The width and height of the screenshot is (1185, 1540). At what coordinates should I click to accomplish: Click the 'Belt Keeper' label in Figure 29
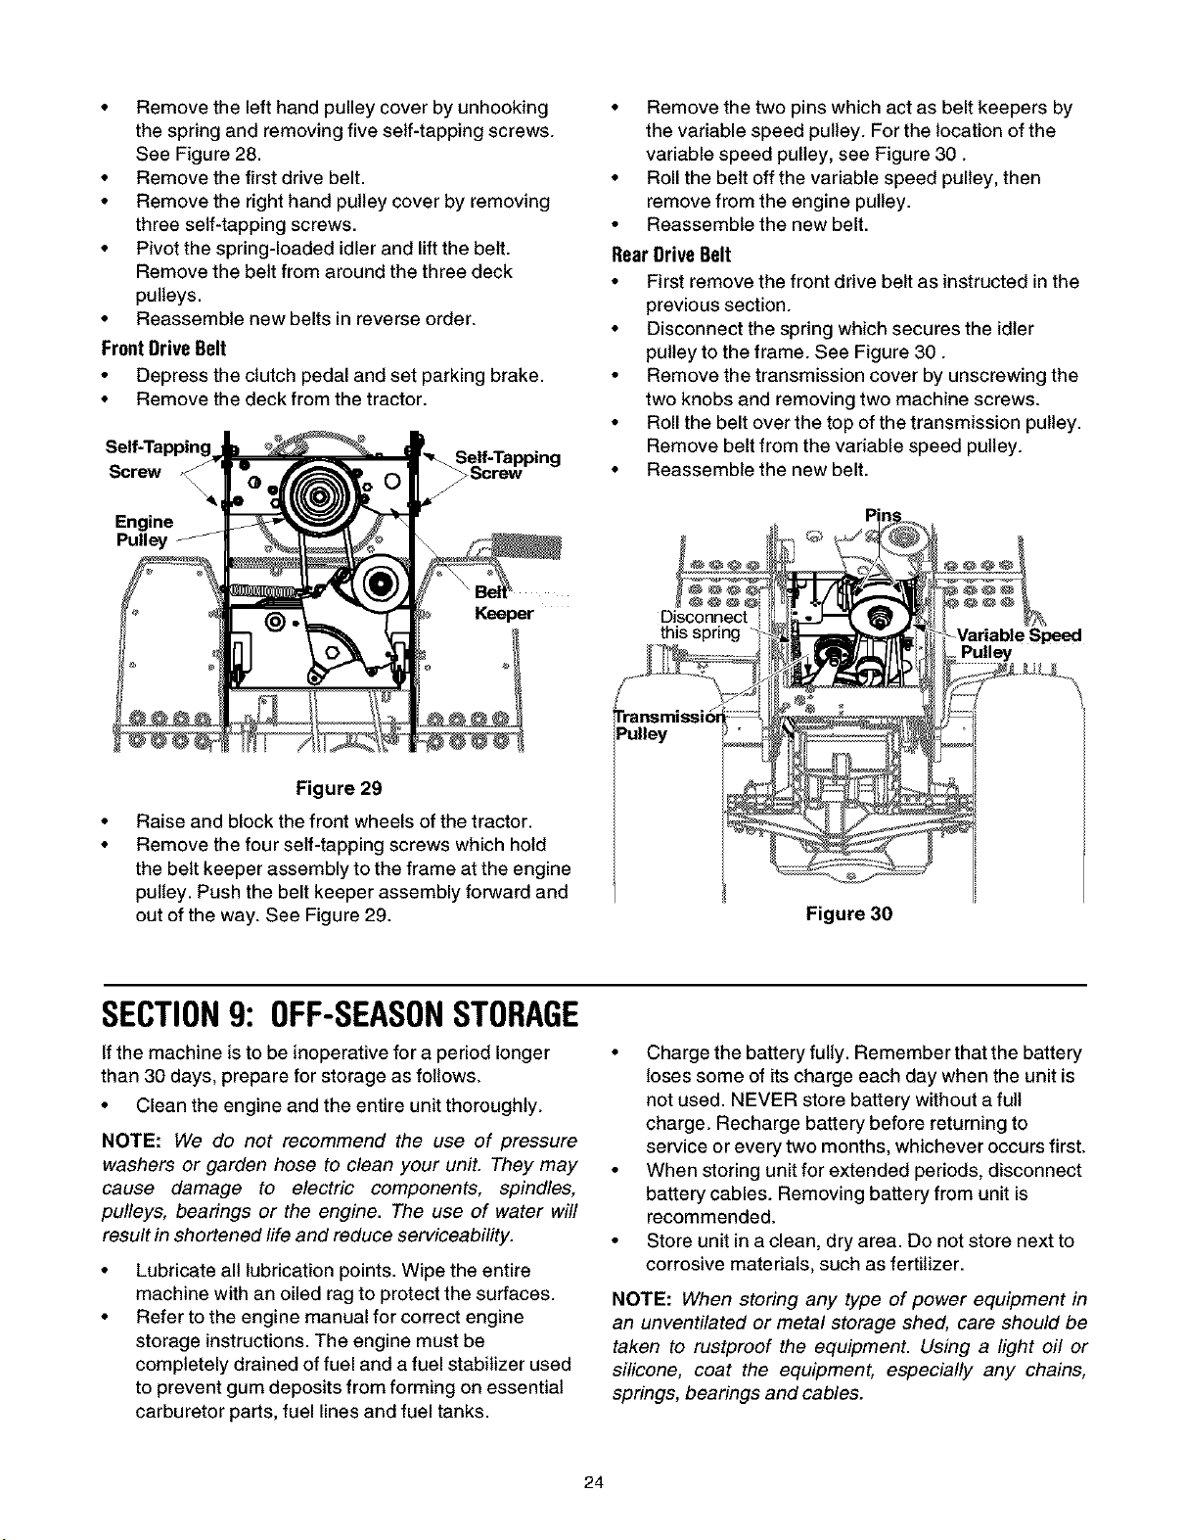[x=502, y=603]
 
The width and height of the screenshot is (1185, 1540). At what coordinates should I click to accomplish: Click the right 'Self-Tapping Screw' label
[x=507, y=465]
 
